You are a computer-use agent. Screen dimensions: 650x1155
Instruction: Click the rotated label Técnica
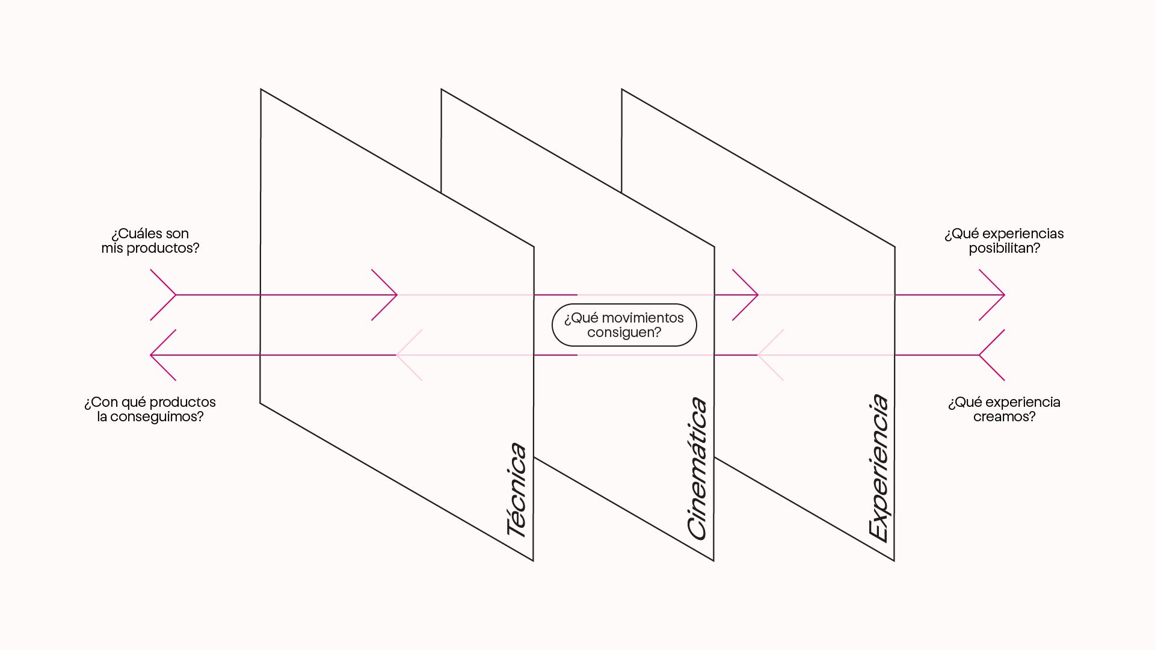[517, 490]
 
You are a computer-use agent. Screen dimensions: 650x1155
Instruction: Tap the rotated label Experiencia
[878, 468]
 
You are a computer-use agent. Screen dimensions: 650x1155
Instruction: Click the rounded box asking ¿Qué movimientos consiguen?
[624, 325]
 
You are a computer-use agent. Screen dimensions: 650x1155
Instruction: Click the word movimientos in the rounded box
[642, 318]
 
